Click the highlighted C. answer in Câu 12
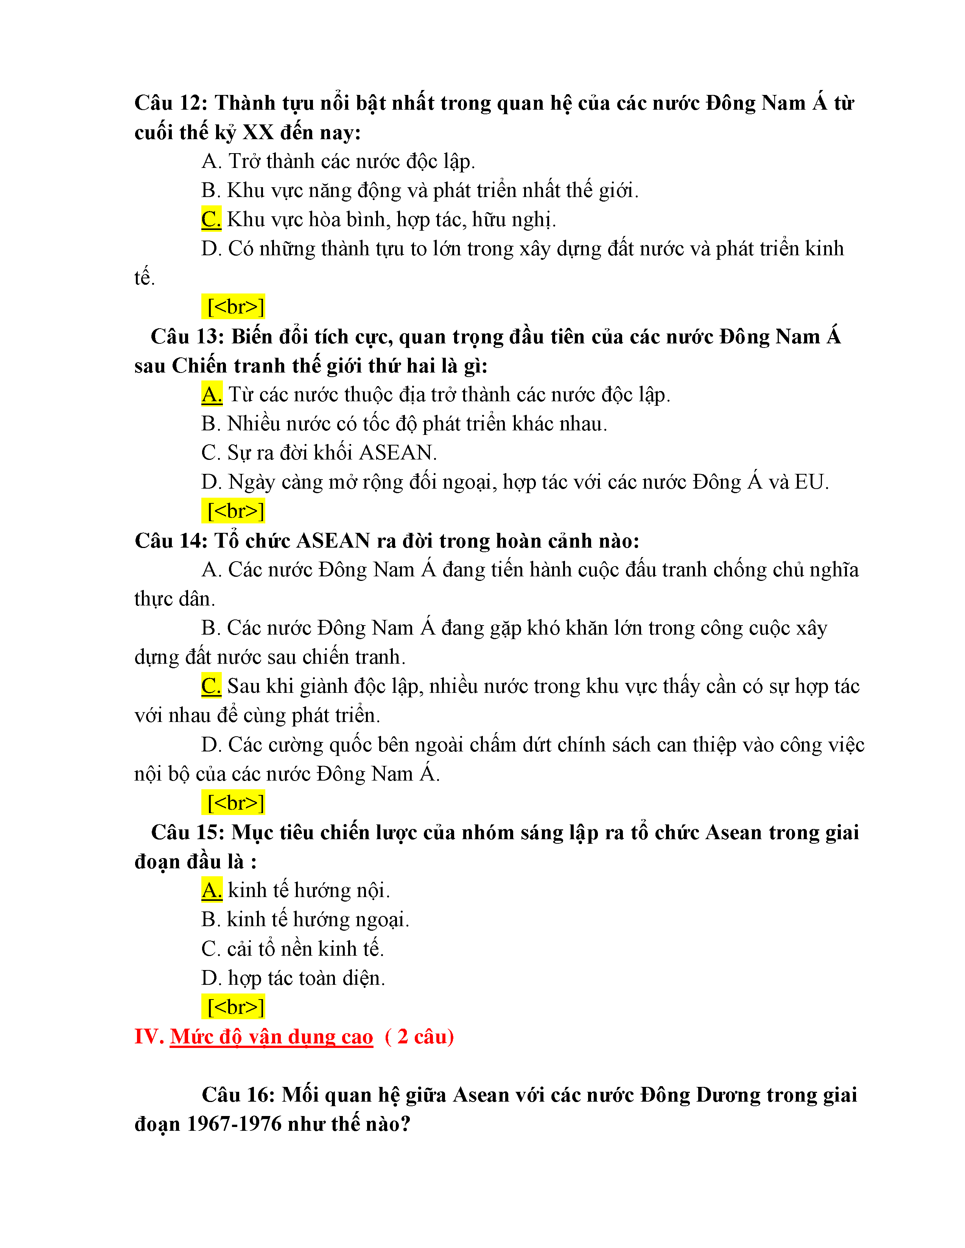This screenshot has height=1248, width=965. (x=211, y=219)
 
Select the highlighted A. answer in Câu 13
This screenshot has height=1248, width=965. (x=212, y=395)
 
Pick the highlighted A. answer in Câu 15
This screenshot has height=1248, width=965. (x=212, y=890)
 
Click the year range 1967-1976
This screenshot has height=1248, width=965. (x=234, y=1124)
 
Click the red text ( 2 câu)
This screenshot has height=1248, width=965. (x=419, y=1037)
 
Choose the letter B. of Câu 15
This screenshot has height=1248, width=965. (x=211, y=919)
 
